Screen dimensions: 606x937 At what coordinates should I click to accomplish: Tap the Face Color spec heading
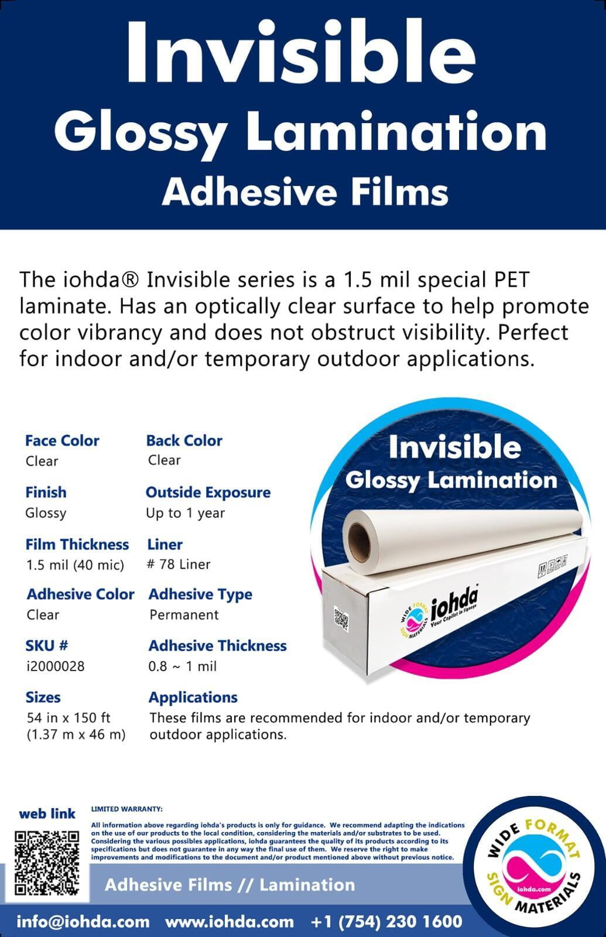click(62, 440)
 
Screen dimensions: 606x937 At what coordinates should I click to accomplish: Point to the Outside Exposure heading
click(208, 493)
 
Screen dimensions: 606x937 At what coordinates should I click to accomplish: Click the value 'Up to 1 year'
click(185, 513)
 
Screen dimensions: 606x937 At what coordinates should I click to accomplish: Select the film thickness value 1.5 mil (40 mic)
click(76, 565)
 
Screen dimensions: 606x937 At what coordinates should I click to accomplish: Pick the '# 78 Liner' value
click(179, 565)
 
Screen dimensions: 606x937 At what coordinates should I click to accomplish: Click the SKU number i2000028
click(55, 666)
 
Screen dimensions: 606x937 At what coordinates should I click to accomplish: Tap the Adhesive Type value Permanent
click(184, 614)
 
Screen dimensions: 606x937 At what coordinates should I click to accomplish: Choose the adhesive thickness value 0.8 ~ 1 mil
click(182, 666)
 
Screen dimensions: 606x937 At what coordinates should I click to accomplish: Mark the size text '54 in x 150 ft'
click(68, 718)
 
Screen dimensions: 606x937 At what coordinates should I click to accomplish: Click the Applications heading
click(193, 697)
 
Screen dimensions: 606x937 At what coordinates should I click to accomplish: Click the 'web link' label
click(47, 813)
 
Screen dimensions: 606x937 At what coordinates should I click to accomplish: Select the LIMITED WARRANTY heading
click(126, 809)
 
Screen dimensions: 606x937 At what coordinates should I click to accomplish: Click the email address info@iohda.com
click(83, 921)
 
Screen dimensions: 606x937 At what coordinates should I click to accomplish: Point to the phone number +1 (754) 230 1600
click(386, 921)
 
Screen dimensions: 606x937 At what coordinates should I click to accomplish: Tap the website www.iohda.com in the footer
click(230, 921)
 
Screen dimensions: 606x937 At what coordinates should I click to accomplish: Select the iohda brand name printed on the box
click(454, 603)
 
